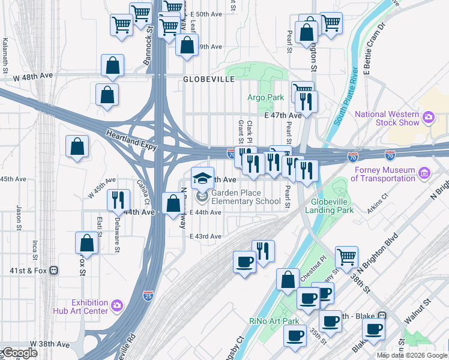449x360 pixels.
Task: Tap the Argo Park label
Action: (265, 97)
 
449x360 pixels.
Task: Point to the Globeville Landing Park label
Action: (329, 205)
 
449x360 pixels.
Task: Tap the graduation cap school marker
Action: (203, 178)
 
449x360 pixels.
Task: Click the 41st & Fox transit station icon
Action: (54, 271)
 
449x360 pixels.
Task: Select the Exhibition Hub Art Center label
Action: (89, 307)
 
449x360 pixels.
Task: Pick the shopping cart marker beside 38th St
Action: (347, 257)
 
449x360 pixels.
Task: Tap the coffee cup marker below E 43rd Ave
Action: (244, 262)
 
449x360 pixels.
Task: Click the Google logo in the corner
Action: (19, 353)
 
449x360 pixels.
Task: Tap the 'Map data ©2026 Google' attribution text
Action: (412, 356)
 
